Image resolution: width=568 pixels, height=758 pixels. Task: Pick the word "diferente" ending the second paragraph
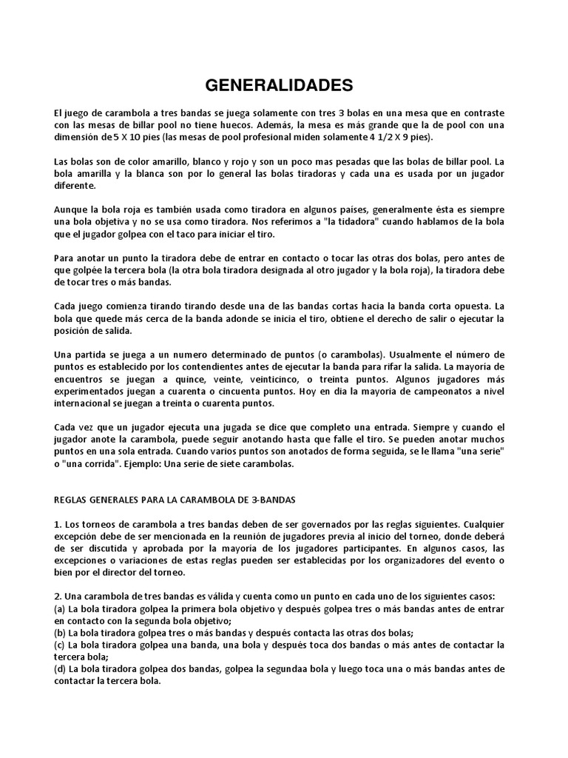(x=75, y=187)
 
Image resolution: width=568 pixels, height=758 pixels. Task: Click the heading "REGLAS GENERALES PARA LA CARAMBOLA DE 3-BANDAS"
(x=175, y=500)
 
